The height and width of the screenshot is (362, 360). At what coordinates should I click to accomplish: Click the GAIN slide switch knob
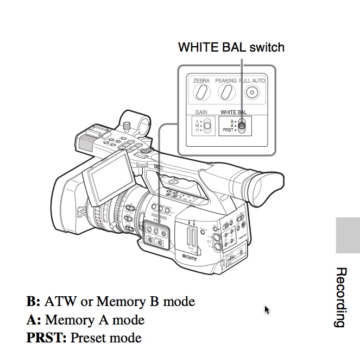tap(207, 125)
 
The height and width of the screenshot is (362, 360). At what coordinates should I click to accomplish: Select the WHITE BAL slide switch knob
tap(242, 125)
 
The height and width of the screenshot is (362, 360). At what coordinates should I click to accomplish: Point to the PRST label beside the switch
tap(227, 130)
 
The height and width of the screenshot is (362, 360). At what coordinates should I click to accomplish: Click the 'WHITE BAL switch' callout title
tap(231, 47)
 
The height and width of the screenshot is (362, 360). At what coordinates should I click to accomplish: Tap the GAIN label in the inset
tap(201, 113)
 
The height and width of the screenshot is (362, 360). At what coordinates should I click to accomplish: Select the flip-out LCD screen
tap(109, 177)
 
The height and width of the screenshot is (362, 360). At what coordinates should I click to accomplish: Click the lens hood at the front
tap(68, 204)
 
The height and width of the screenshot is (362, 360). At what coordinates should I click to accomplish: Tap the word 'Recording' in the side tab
tap(341, 297)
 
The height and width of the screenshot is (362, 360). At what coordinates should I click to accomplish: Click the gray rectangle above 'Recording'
tap(348, 235)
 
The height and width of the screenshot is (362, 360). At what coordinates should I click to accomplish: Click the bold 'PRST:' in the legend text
tap(46, 338)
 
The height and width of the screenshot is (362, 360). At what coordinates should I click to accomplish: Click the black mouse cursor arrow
tap(267, 309)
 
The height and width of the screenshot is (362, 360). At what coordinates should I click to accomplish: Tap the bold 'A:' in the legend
tap(34, 320)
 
